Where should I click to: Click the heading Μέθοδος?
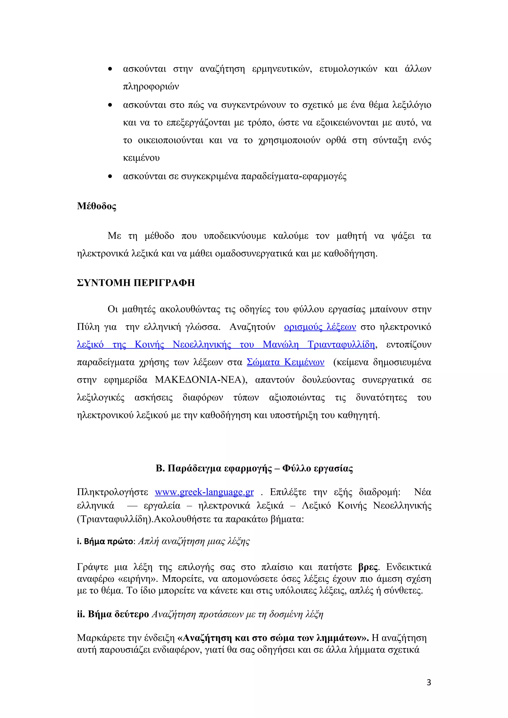96,206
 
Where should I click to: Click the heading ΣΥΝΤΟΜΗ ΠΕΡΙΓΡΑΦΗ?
136,283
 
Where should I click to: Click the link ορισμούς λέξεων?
320,327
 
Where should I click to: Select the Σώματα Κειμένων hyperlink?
286,362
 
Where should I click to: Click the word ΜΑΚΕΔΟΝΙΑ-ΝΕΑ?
198,380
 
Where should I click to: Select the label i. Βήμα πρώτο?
105,541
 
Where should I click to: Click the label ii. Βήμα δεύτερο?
113,614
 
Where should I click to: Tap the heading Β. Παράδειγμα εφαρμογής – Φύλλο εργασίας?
254,469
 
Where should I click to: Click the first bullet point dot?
110,69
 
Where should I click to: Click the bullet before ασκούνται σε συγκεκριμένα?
110,177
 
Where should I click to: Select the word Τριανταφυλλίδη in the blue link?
341,345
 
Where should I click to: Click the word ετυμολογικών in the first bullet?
348,69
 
